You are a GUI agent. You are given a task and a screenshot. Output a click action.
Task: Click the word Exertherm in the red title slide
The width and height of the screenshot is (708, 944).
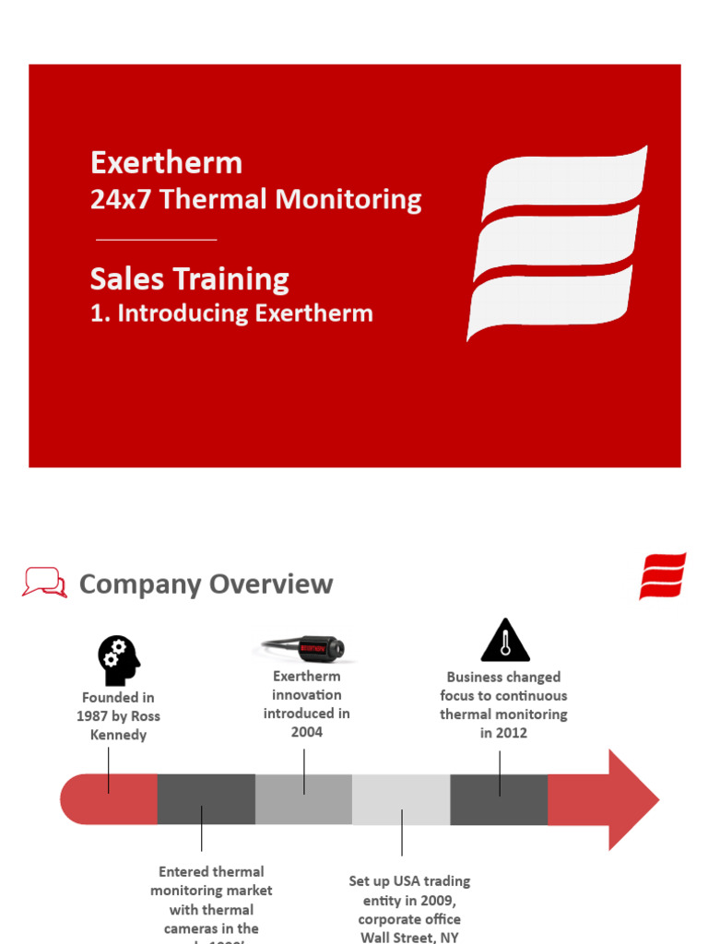(x=166, y=163)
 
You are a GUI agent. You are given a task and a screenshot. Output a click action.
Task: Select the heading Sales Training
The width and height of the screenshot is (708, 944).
(x=190, y=279)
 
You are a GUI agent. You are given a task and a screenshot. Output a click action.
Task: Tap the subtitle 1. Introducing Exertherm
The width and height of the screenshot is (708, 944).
(x=231, y=313)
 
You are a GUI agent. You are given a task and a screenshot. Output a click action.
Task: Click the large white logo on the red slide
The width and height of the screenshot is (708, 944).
(x=557, y=242)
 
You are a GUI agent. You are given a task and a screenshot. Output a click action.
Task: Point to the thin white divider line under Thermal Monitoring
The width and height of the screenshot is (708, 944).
(x=156, y=240)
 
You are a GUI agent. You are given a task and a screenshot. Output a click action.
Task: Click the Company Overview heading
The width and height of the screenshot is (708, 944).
(x=206, y=584)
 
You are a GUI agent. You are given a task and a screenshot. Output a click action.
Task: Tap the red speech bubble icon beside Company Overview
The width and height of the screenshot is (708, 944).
(x=44, y=583)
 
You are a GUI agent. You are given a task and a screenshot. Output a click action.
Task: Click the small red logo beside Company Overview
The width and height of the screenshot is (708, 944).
(x=662, y=577)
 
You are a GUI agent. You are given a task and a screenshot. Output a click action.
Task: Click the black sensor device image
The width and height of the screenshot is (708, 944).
(x=303, y=649)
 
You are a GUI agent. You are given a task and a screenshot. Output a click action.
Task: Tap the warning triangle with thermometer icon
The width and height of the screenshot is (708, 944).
(x=505, y=641)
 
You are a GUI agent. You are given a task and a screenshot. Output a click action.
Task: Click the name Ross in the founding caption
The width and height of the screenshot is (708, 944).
(x=144, y=716)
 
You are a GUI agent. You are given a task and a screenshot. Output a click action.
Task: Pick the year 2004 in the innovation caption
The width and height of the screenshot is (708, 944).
(x=307, y=732)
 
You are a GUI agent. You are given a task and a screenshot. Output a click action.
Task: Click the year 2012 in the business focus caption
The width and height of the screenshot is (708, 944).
(x=512, y=733)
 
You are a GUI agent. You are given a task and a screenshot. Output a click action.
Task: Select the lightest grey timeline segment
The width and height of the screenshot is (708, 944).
(x=401, y=799)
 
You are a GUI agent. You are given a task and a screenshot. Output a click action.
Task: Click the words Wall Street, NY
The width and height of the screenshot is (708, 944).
(x=409, y=937)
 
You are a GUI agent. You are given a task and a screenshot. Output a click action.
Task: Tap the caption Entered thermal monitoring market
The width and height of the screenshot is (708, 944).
(x=211, y=881)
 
